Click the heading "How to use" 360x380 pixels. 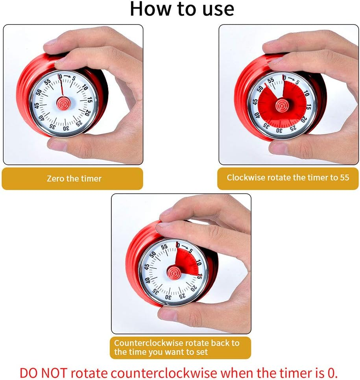[181, 9]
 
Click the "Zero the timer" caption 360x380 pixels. [74, 179]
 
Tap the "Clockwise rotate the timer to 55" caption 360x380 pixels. [288, 177]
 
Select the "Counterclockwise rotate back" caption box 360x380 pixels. [180, 347]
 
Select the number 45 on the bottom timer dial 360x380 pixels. [147, 267]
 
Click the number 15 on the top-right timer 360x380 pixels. [309, 106]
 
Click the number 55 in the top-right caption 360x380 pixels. [344, 177]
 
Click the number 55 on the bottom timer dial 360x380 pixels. [164, 247]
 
